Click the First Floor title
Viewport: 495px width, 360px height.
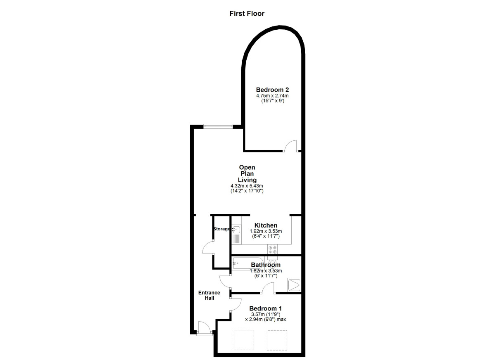coord(247,14)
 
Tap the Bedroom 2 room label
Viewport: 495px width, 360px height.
coord(272,90)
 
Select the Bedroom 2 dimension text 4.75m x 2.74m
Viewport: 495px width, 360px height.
coord(272,96)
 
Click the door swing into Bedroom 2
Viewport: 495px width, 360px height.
coord(291,146)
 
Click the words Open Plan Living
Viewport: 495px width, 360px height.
coord(247,173)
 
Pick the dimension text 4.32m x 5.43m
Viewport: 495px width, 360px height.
coord(247,186)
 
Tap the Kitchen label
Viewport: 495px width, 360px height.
coord(266,225)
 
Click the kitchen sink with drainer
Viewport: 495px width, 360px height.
coord(236,234)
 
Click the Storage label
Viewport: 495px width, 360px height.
coord(222,229)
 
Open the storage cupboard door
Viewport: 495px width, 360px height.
coord(207,248)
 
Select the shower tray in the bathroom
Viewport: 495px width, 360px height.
coord(295,284)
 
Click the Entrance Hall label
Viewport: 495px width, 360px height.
coord(209,295)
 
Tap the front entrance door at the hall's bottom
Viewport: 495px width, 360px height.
coord(204,328)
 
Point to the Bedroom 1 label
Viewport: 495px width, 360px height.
coord(266,308)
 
